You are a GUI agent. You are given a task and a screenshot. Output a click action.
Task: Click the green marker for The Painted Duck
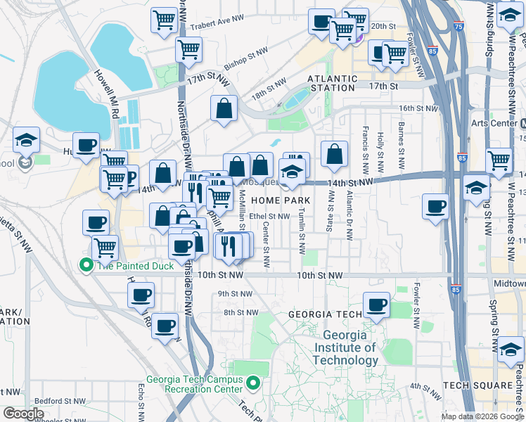[x=86, y=265]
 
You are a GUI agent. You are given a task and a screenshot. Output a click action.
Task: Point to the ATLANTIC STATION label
[x=333, y=83]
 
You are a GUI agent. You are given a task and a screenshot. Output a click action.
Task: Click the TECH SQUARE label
[x=477, y=386]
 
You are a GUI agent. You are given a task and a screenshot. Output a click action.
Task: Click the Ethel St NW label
[x=269, y=217]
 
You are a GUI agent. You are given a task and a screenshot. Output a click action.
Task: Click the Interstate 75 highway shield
[x=458, y=27]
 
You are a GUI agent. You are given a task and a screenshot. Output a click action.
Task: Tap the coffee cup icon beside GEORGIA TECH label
[x=377, y=305]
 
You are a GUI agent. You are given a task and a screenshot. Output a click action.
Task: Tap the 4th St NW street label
[x=425, y=386]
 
